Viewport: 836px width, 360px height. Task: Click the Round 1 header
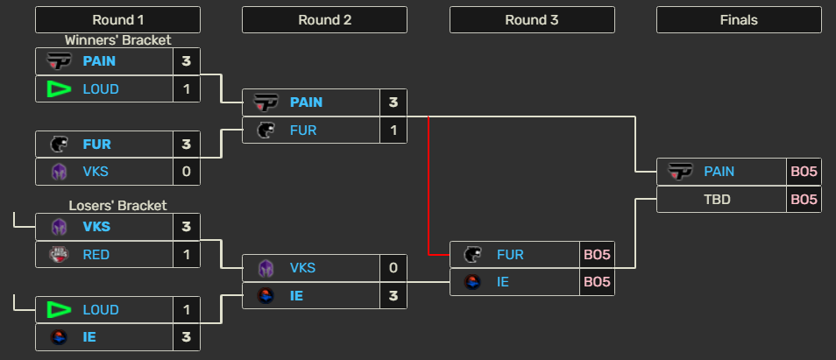pos(117,20)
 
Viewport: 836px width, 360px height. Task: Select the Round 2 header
pos(324,20)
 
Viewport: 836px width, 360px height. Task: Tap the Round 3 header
pos(532,20)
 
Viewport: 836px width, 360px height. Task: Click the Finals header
pos(738,20)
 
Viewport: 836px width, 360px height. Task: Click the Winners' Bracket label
pos(117,40)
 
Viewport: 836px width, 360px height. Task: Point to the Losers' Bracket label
pos(117,206)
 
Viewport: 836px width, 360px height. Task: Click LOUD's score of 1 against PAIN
pos(187,88)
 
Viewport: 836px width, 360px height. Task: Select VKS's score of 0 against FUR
pos(187,171)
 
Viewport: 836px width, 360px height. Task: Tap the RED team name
pos(96,254)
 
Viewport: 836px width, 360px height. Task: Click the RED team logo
pos(59,254)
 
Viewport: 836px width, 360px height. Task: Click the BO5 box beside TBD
pos(804,199)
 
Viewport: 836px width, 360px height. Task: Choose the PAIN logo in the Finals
pos(680,172)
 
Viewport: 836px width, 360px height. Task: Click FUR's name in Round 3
pos(510,255)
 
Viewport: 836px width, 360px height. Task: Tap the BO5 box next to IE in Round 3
pos(597,282)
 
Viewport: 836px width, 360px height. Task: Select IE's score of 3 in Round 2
pos(393,296)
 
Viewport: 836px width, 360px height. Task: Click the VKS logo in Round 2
pos(266,268)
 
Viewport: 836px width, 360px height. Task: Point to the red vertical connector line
pos(428,184)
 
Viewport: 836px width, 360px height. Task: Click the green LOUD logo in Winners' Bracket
pos(59,88)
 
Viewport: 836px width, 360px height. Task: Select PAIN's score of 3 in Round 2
pos(393,102)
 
